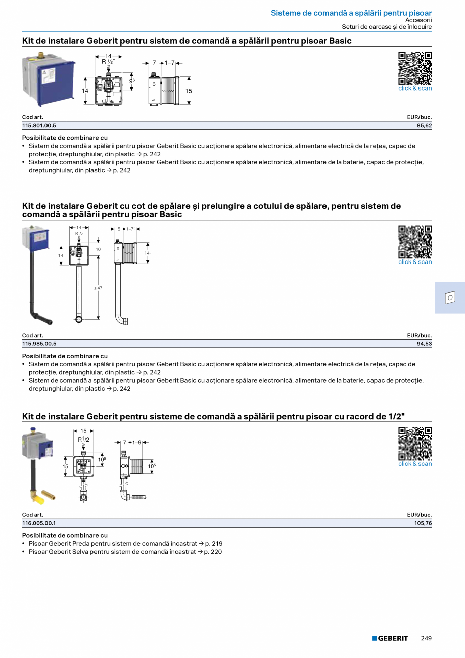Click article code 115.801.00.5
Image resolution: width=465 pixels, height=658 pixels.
click(x=39, y=125)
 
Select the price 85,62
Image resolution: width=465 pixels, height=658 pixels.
click(x=424, y=125)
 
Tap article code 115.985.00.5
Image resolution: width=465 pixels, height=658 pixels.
click(x=39, y=344)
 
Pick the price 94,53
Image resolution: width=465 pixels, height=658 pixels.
click(x=424, y=344)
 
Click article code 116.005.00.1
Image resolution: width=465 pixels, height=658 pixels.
click(x=39, y=523)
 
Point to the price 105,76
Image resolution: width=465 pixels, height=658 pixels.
click(x=423, y=523)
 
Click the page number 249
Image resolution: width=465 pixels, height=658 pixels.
click(x=426, y=638)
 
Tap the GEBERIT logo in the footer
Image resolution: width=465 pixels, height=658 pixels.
click(x=390, y=638)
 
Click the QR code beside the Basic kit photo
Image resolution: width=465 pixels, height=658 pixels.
click(x=415, y=68)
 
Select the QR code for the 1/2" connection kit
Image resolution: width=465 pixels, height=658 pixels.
click(x=415, y=444)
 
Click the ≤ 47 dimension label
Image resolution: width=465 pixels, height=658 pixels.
click(x=98, y=288)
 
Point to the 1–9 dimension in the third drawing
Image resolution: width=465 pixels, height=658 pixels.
click(x=136, y=443)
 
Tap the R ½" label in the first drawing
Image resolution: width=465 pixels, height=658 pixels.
click(x=108, y=62)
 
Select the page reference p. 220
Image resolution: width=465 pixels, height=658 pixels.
click(x=213, y=552)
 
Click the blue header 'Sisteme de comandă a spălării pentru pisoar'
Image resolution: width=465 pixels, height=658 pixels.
click(x=351, y=13)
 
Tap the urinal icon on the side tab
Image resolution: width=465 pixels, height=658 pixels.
click(x=450, y=298)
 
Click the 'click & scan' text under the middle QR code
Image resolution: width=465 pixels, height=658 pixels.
click(x=415, y=262)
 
